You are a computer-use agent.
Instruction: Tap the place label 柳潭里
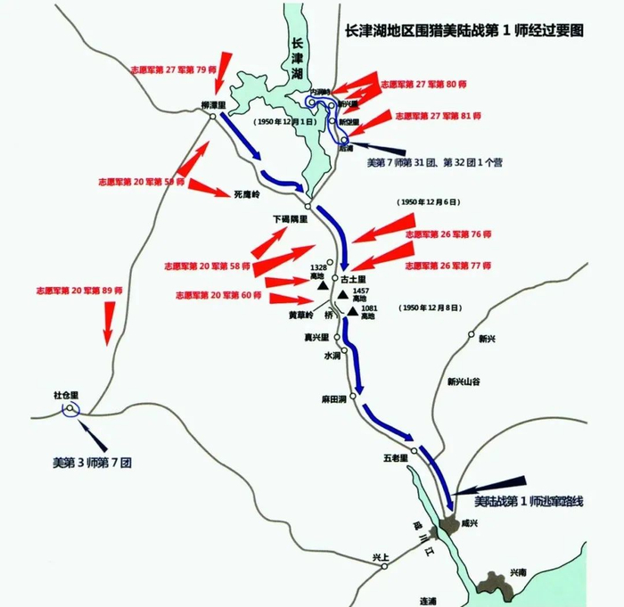214,104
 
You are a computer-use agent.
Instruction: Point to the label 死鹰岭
245,193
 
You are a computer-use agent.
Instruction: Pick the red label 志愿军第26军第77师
448,265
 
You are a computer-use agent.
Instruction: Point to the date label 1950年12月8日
431,308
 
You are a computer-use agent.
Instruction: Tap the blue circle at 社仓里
70,409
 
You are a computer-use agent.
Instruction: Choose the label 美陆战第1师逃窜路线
529,502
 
